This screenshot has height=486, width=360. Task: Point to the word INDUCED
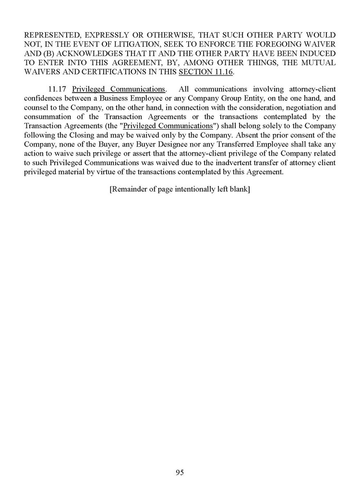[314, 53]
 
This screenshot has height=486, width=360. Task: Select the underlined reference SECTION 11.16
[205, 72]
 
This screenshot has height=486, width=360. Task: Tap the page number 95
[180, 473]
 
